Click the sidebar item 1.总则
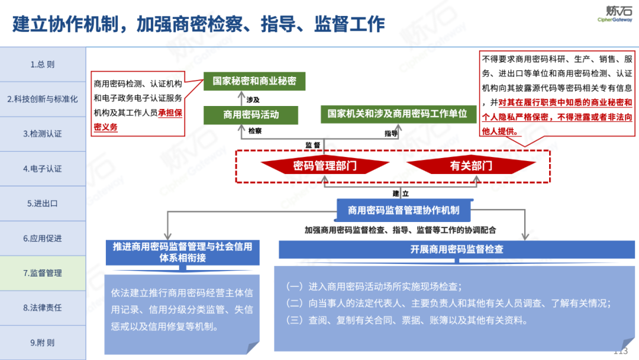point(43,65)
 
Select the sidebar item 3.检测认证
point(43,134)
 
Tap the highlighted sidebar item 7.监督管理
point(43,273)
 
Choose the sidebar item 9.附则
point(43,342)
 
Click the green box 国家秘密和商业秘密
point(254,81)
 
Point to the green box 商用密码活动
point(251,115)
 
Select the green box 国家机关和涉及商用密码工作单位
point(398,114)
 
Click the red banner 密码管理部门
point(325,166)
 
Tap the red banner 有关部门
point(471,166)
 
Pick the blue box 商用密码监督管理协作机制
point(404,210)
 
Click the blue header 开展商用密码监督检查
point(457,249)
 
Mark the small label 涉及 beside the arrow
point(253,99)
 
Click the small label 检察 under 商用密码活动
point(256,131)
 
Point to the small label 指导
point(391,133)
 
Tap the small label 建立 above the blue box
point(401,193)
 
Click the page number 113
point(620,351)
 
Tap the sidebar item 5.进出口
point(43,203)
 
